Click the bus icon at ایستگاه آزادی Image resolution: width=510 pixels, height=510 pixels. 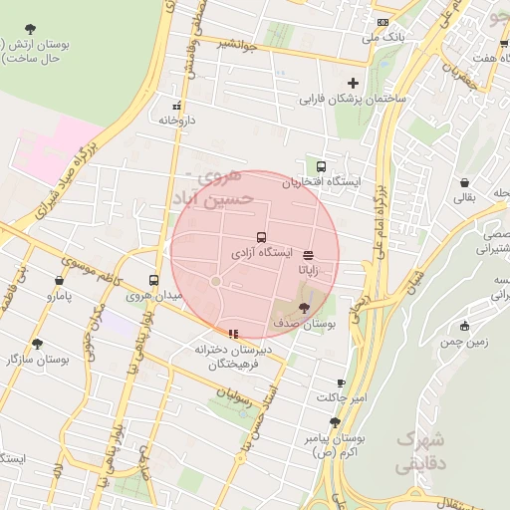[x=261, y=238]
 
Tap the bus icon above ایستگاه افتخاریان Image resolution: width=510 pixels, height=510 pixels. [x=321, y=166]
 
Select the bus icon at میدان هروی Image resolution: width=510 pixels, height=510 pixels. [x=153, y=280]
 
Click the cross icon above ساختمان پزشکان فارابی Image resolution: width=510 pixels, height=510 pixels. [x=353, y=84]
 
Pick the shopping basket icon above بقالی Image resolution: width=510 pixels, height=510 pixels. [x=465, y=182]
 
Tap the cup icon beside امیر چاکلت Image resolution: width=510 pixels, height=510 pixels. [x=341, y=382]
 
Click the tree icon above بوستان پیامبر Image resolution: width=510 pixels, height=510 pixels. [x=334, y=422]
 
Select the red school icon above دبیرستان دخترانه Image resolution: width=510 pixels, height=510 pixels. [x=233, y=334]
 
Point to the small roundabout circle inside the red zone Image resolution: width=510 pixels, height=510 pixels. [x=215, y=282]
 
